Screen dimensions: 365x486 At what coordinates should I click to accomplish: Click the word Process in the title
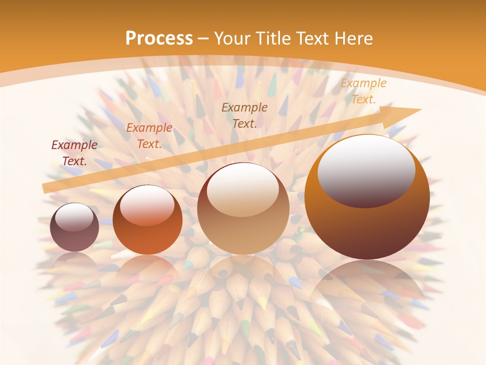coord(159,38)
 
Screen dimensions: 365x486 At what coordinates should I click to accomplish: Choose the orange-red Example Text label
coord(149,136)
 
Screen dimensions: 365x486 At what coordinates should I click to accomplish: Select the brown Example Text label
coord(245,115)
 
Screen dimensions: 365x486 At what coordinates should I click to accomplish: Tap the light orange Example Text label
coord(363,91)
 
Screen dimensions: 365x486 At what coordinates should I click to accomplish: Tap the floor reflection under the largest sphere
coord(367,284)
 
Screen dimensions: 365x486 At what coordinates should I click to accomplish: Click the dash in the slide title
coord(203,39)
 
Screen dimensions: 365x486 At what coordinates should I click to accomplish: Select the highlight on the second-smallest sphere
coord(147,205)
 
